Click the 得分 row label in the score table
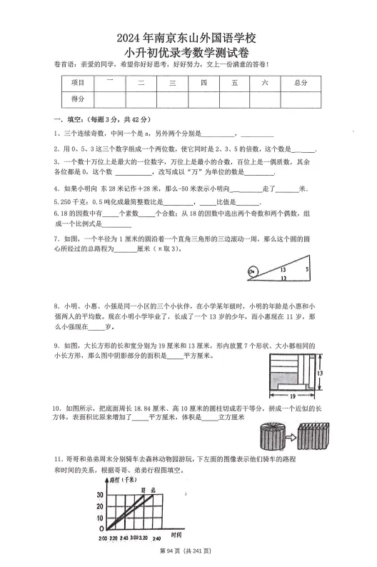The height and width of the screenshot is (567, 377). pyautogui.click(x=78, y=99)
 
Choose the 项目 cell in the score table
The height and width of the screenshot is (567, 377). pyautogui.click(x=78, y=83)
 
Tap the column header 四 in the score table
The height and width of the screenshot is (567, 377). pyautogui.click(x=203, y=83)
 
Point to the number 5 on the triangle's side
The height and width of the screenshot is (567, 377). pyautogui.click(x=306, y=269)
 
